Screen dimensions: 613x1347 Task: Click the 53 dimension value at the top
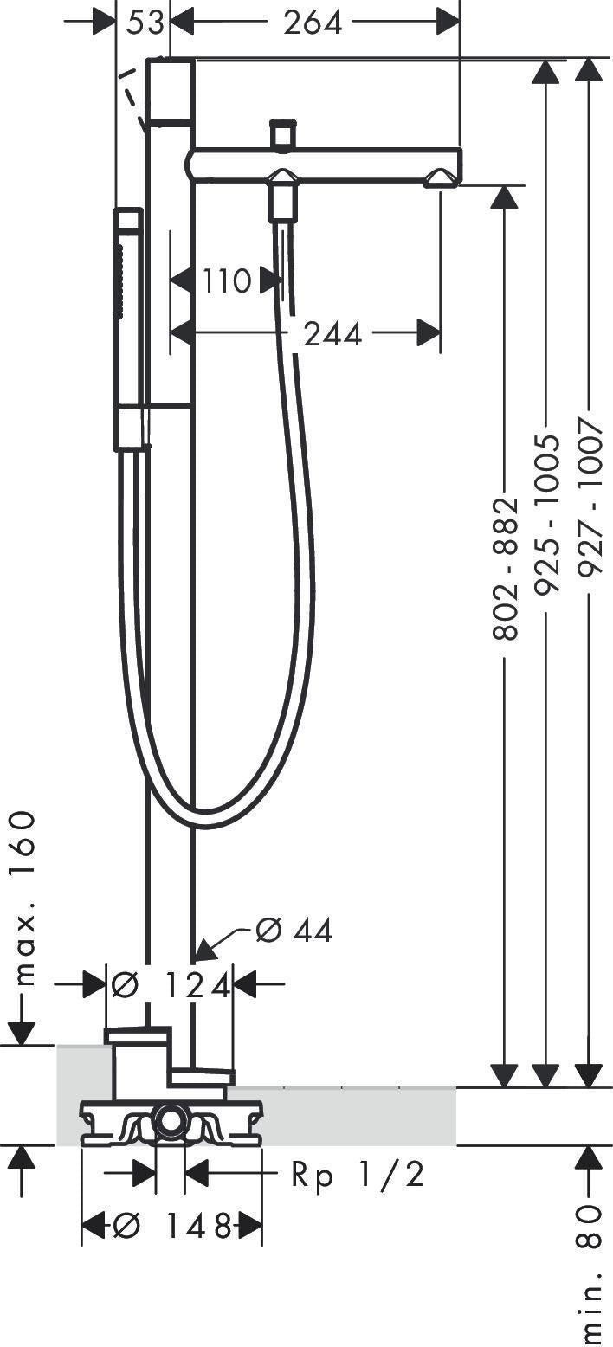coord(145,23)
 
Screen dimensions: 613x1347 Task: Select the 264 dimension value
coord(313,23)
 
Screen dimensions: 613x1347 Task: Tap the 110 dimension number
coord(226,280)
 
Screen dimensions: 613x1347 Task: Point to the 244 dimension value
coord(332,334)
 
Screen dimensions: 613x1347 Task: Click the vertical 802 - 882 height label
coord(506,568)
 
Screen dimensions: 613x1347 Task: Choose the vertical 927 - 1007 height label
coord(590,497)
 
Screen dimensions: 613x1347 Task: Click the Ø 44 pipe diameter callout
coord(294,931)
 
